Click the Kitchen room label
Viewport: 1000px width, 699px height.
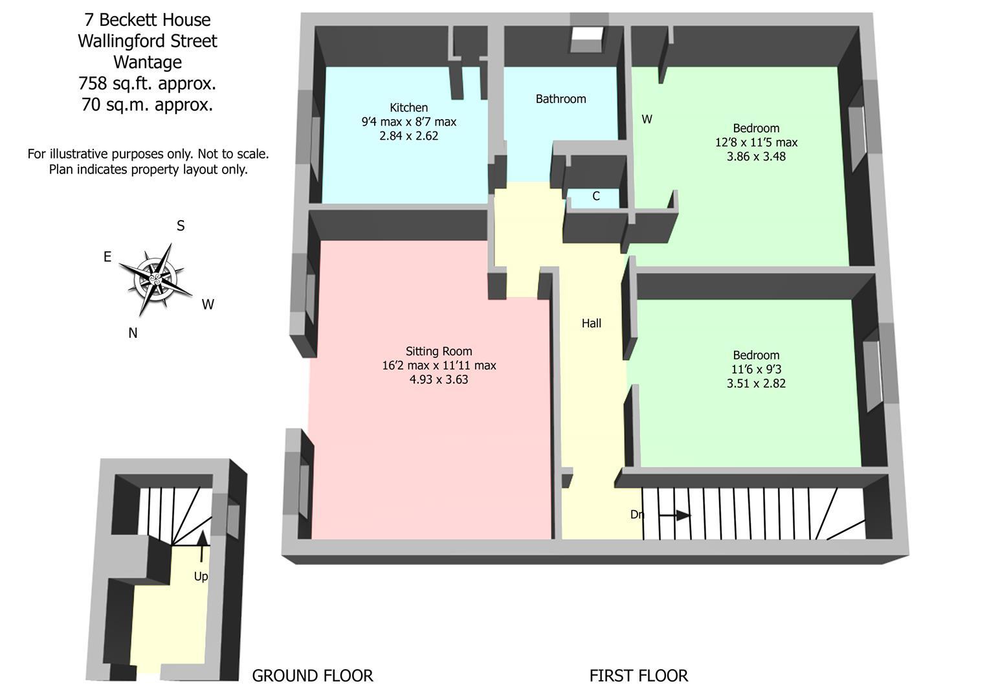(x=408, y=107)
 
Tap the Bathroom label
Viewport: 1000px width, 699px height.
(x=561, y=99)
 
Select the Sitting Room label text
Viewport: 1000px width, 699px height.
(x=439, y=351)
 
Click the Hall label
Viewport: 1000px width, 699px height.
(x=591, y=324)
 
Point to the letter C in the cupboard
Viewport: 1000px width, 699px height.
(x=596, y=196)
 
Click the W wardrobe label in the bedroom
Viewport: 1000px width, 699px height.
(x=647, y=119)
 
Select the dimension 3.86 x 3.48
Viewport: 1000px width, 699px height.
(x=756, y=157)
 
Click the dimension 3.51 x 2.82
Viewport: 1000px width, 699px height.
(x=756, y=383)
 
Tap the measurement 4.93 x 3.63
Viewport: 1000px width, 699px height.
(x=439, y=380)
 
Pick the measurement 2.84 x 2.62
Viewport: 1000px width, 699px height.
(x=408, y=136)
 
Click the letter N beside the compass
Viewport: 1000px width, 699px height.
(x=133, y=333)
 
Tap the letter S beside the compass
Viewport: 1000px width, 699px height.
(x=181, y=226)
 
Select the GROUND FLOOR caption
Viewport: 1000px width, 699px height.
(x=312, y=676)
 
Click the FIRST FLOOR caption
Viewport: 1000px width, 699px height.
(x=638, y=676)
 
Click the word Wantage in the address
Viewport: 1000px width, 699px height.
(x=148, y=62)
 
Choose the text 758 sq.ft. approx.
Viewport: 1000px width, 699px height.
(x=148, y=83)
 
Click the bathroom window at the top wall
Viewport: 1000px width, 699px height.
(x=587, y=40)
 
